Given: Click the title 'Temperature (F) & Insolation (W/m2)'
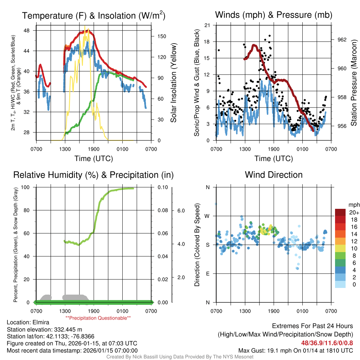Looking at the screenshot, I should point(94,15).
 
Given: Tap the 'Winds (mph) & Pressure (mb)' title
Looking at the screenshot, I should point(274,15).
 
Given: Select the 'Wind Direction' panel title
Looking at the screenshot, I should point(274,175).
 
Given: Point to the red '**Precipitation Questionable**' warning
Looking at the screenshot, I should point(98,318).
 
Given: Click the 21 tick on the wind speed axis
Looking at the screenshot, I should point(207,25).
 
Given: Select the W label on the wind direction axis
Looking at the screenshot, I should point(207,216).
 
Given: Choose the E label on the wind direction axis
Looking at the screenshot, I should point(207,274).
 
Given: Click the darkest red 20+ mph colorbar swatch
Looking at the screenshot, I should point(341,212).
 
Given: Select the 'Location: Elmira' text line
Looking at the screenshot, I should point(28,322).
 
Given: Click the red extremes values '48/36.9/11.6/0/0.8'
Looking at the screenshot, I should point(327,343).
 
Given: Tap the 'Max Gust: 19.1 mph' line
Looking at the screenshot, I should point(296,350).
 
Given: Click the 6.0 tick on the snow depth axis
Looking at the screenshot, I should point(180,211).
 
